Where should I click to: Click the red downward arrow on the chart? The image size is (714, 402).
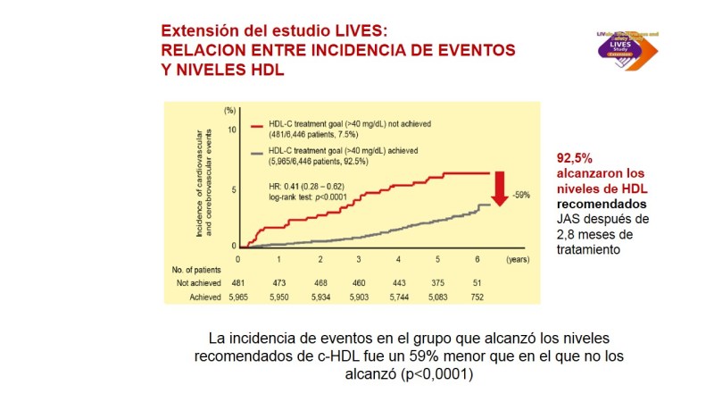pyautogui.click(x=500, y=190)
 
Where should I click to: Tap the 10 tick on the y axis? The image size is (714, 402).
pyautogui.click(x=230, y=130)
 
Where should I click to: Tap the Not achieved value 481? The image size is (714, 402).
pyautogui.click(x=237, y=281)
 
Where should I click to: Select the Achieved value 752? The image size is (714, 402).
pyautogui.click(x=478, y=294)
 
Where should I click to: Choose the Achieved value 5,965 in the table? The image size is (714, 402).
pyautogui.click(x=237, y=294)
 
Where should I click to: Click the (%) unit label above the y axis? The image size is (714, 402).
pyautogui.click(x=229, y=110)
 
